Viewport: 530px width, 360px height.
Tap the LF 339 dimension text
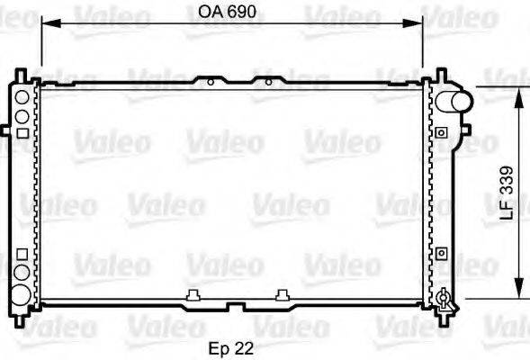tap(507, 193)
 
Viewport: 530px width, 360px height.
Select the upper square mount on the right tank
tap(441, 133)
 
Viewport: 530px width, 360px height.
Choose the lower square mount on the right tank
tap(441, 254)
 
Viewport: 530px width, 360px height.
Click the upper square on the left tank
tap(21, 132)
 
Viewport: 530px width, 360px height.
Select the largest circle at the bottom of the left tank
tap(21, 291)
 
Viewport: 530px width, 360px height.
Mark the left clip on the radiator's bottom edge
tap(193, 293)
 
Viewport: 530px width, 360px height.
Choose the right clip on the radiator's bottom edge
tap(283, 293)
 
